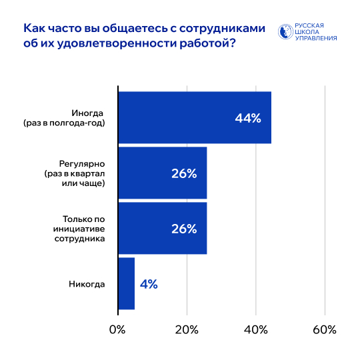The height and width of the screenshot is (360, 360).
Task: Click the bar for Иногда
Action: [193, 117]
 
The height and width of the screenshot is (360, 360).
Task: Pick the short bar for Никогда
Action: [126, 283]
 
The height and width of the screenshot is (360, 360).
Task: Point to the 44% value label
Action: [247, 118]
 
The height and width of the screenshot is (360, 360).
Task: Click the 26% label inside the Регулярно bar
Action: [184, 173]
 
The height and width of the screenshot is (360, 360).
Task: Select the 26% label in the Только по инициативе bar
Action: [184, 229]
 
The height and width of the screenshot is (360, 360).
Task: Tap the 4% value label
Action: [149, 284]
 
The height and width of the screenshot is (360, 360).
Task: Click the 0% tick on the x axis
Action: [117, 329]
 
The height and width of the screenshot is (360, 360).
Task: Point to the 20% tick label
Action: [187, 329]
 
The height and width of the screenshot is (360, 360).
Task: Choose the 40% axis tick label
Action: [256, 329]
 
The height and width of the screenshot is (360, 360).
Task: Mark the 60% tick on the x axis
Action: [325, 329]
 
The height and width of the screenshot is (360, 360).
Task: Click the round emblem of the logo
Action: [285, 31]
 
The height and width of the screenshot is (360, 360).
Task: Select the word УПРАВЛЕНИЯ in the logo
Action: [315, 38]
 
